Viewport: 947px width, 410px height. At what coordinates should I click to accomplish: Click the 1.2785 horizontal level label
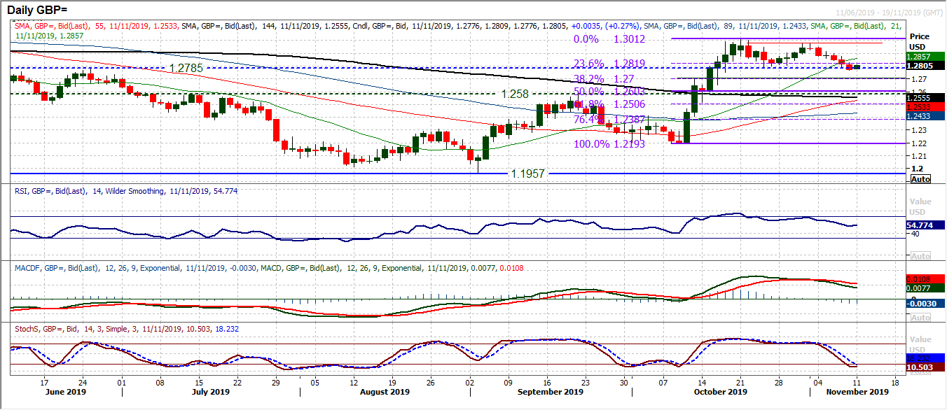pos(188,69)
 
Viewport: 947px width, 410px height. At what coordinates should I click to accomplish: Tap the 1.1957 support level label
pos(527,172)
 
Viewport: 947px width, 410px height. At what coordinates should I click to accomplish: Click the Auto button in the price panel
pos(920,179)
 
